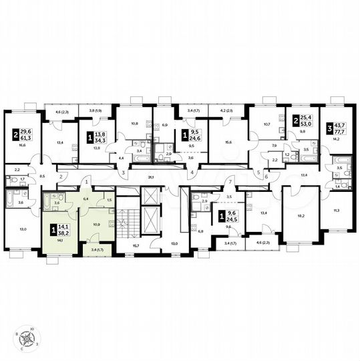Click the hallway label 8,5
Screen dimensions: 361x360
[43, 175]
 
